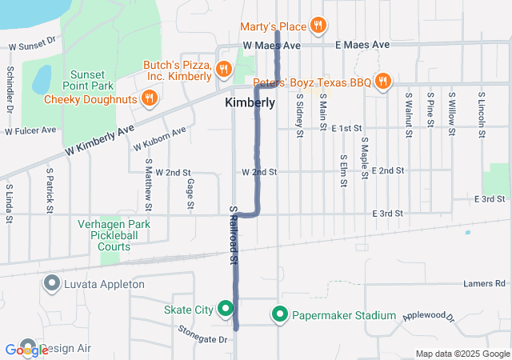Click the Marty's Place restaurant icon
pyautogui.click(x=318, y=26)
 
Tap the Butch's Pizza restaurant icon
pyautogui.click(x=223, y=70)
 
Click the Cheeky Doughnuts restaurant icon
pyautogui.click(x=148, y=98)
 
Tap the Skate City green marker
pyautogui.click(x=226, y=308)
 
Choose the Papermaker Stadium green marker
pyautogui.click(x=280, y=315)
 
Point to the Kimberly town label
pyautogui.click(x=250, y=103)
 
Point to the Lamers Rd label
pyautogui.click(x=485, y=283)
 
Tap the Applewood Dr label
pyautogui.click(x=428, y=318)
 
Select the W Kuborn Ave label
pyautogui.click(x=160, y=138)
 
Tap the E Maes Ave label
pyautogui.click(x=362, y=45)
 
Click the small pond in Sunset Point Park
pyautogui.click(x=41, y=80)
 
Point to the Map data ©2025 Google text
pyautogui.click(x=462, y=354)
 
